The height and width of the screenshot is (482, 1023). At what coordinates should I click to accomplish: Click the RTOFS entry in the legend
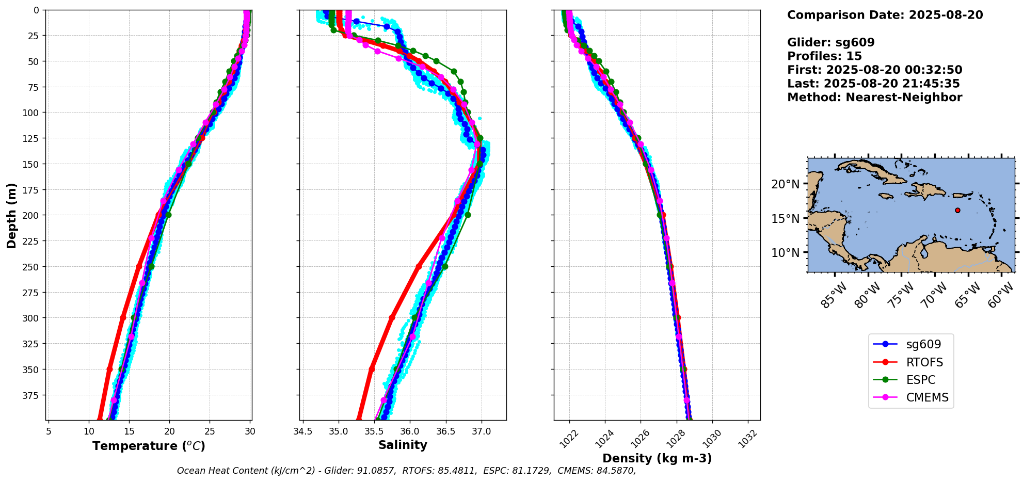point(924,362)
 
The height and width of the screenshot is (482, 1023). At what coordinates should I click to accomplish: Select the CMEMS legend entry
point(927,397)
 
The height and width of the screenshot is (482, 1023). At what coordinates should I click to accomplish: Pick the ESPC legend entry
point(920,380)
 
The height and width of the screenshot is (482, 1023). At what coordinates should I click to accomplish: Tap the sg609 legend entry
point(923,344)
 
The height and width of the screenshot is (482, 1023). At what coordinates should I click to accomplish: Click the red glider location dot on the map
point(957,210)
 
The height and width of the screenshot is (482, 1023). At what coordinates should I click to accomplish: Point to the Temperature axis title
point(149,446)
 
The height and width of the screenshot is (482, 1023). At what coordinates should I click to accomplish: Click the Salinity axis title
point(403,445)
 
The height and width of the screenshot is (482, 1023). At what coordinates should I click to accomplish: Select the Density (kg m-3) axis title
point(657,458)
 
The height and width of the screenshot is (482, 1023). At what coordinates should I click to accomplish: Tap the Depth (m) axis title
point(12,215)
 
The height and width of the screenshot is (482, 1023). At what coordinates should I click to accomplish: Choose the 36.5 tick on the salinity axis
point(446,430)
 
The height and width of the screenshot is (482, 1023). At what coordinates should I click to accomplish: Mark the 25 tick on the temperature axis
point(210,430)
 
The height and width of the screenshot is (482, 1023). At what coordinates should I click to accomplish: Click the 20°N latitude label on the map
point(785,184)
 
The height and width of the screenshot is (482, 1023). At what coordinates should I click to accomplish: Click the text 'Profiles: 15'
point(824,56)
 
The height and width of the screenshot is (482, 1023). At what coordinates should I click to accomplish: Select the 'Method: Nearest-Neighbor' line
point(874,98)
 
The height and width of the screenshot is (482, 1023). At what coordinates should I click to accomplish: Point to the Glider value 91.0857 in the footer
point(376,471)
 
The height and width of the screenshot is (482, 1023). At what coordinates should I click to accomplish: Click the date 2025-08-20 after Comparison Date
point(946,15)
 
